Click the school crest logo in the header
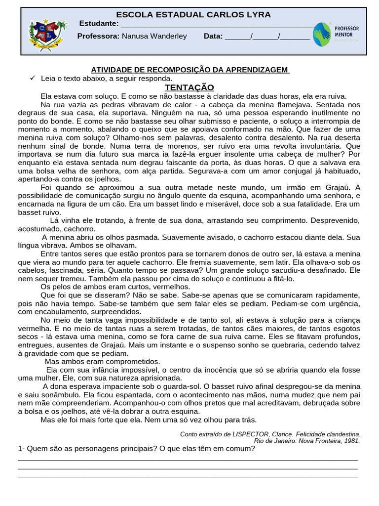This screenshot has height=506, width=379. point(47,33)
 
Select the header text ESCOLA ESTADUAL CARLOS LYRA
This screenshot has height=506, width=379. point(193,15)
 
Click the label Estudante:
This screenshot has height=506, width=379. point(99,24)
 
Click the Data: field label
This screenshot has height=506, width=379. point(213,36)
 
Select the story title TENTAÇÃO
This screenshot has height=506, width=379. point(189,87)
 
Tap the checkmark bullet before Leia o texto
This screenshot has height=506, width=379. point(33,78)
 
